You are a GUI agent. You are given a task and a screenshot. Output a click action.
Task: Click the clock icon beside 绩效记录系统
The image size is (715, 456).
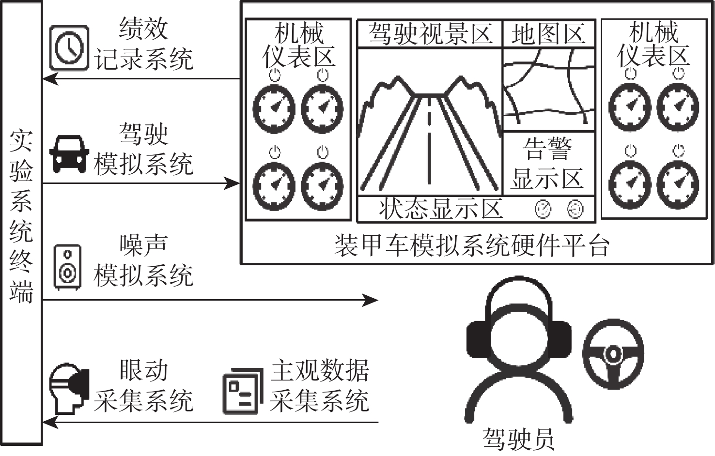pos(69,48)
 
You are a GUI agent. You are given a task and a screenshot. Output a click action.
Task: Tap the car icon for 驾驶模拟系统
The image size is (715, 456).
pos(69,154)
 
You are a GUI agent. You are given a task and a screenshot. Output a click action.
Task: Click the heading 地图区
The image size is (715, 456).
pos(548,34)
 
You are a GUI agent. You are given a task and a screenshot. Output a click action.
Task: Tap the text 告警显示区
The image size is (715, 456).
pos(547,164)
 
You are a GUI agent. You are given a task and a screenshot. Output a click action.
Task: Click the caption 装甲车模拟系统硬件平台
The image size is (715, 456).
pos(472,246)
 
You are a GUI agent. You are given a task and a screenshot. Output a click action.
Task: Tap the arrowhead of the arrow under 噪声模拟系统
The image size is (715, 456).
pos(371,300)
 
